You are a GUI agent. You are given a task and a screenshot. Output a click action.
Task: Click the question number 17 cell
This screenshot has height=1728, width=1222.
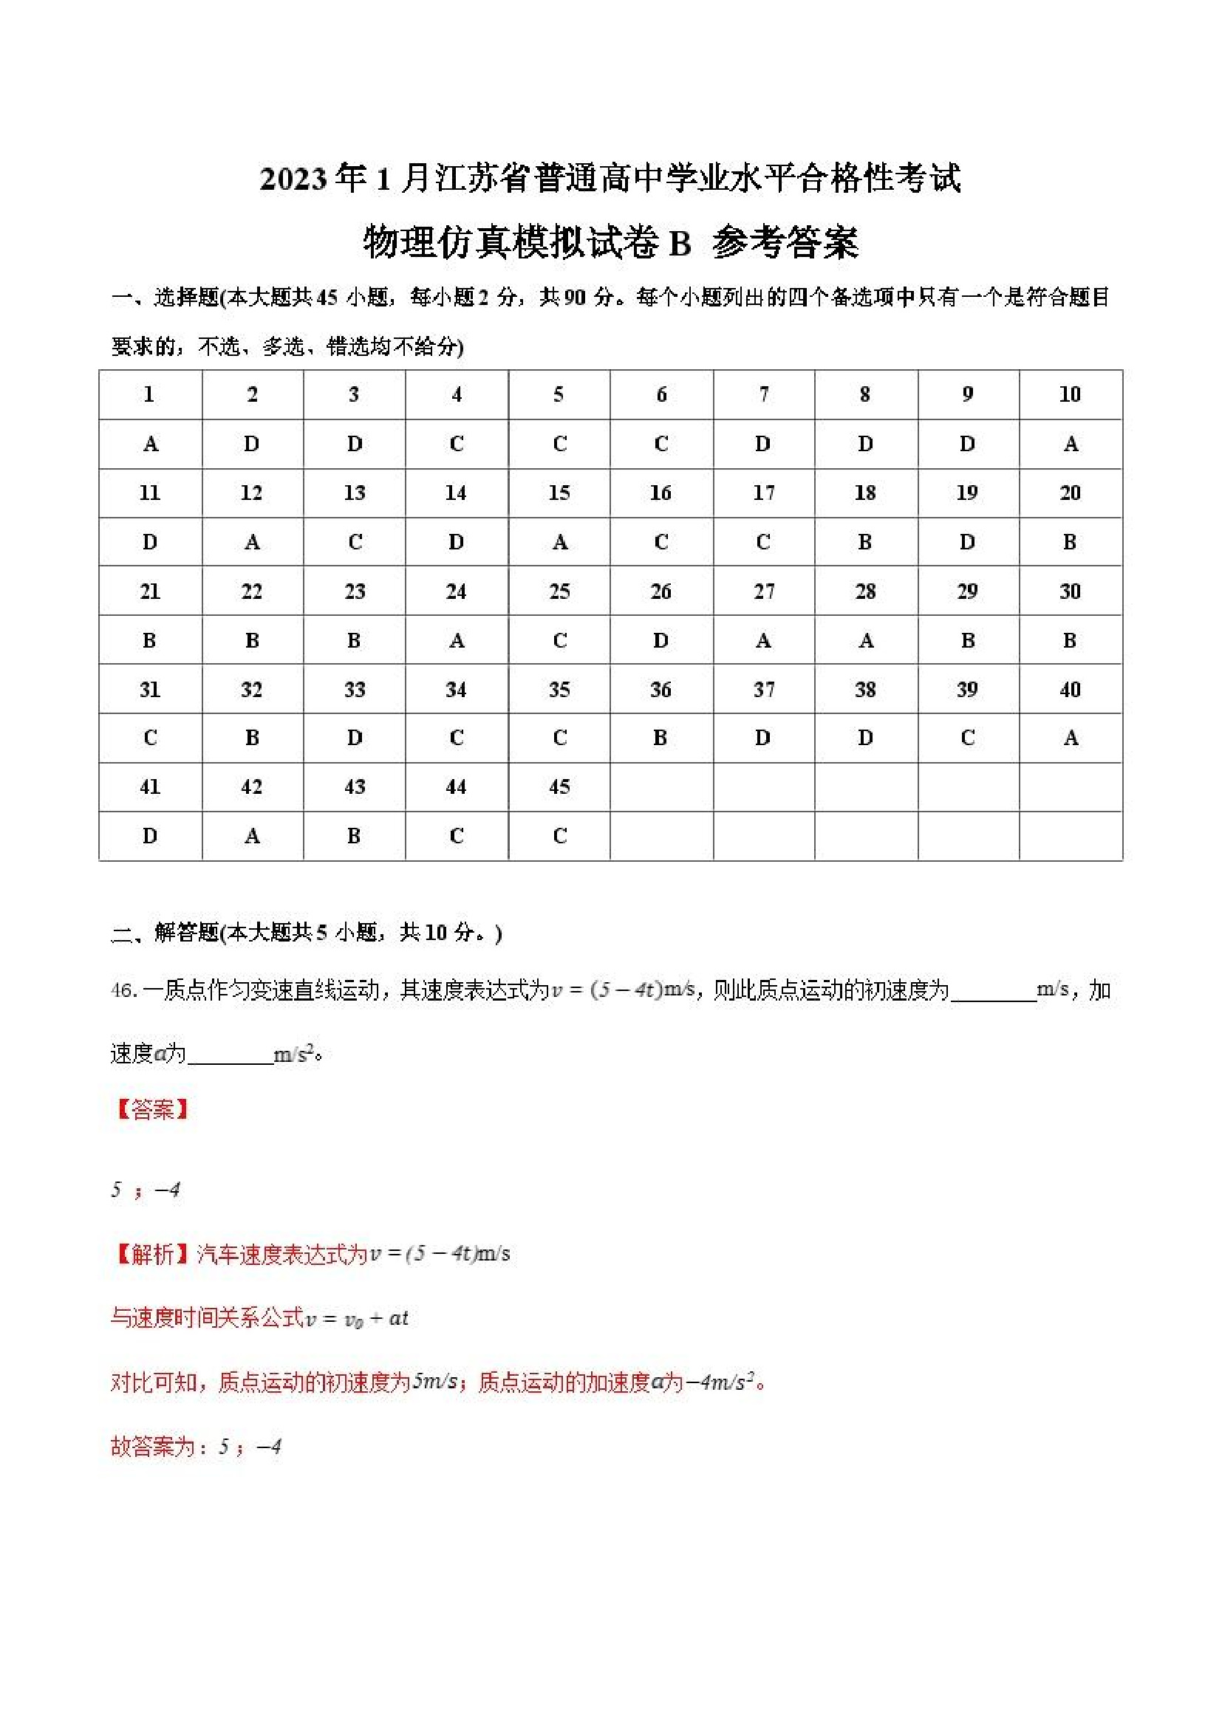pos(763,493)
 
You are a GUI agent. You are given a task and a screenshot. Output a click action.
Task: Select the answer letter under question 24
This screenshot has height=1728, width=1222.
pos(457,640)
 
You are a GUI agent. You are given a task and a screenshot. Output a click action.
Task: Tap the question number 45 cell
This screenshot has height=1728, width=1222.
pos(559,787)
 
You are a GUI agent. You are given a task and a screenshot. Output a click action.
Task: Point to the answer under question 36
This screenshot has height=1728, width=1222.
pos(661,738)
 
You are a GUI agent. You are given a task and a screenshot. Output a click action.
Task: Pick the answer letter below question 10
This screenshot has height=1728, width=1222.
pos(1070,444)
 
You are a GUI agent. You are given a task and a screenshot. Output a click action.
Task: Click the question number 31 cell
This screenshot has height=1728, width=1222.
pos(150,690)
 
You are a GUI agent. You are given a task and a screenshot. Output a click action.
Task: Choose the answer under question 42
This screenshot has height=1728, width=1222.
pos(252,836)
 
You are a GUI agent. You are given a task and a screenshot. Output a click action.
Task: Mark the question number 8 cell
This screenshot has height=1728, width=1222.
pos(865,394)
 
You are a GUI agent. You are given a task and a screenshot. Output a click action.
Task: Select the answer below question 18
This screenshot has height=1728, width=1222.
pos(865,542)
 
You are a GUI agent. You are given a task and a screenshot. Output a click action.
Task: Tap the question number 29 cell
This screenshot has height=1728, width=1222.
pos(968,592)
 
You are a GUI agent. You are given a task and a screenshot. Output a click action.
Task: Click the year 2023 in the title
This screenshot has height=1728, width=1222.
pos(294,179)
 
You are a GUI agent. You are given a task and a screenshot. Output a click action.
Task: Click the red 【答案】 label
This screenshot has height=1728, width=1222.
pos(151,1109)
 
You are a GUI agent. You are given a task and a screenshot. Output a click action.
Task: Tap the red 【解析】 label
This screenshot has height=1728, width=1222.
pos(151,1254)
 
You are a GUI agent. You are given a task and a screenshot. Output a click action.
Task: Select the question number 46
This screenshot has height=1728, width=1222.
pos(123,990)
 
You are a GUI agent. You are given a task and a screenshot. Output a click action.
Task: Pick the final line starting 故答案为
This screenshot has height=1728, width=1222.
pos(196,1447)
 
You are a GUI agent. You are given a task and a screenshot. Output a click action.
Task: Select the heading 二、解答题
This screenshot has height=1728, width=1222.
pos(165,933)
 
